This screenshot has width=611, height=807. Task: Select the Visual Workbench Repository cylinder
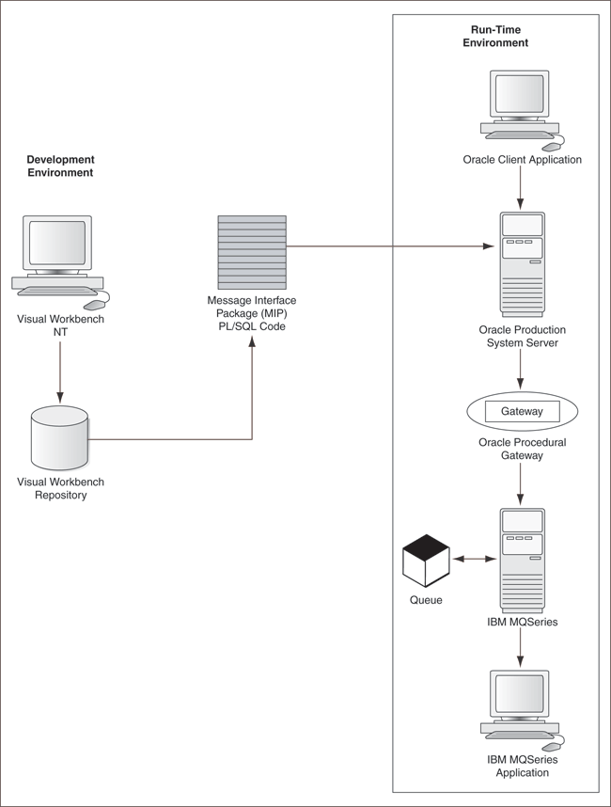tap(59, 437)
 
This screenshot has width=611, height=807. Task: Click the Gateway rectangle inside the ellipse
tap(522, 412)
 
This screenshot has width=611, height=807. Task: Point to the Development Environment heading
tap(60, 166)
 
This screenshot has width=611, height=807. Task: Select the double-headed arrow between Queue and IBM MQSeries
tap(473, 560)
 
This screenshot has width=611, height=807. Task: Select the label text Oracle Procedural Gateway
tap(522, 449)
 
